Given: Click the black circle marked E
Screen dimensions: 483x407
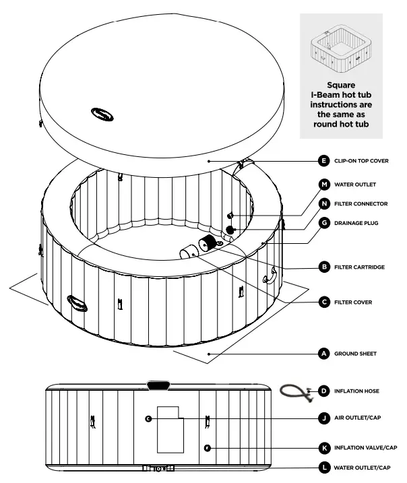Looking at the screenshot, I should [323, 161].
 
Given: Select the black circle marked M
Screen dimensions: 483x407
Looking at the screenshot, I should [323, 184].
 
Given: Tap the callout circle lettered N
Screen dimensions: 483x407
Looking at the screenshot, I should [323, 203].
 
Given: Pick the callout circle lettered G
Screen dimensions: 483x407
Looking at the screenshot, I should [323, 222].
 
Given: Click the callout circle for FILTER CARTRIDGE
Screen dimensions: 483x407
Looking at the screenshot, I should [323, 267].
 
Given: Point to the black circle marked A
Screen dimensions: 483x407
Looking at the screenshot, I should [323, 353].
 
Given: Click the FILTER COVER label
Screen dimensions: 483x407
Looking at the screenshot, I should [353, 302].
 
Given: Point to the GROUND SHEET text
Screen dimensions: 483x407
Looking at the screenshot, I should [355, 353].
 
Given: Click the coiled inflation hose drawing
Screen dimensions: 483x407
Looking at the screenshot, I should [294, 392].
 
